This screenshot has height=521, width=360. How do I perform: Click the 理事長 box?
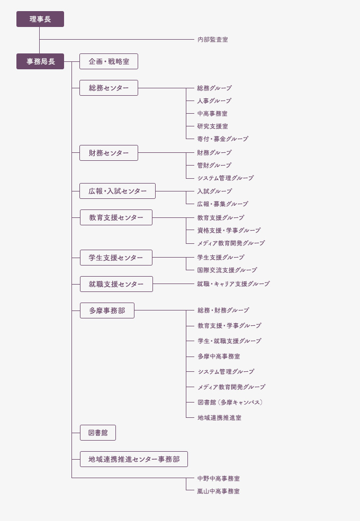(40, 19)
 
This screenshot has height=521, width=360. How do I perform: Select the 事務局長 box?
(40, 61)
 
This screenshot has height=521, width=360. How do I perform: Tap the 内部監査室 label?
(213, 40)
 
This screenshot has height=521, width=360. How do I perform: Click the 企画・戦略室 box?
(109, 61)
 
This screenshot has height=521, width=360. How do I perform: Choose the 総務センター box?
(109, 88)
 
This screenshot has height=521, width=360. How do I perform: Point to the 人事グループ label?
(214, 100)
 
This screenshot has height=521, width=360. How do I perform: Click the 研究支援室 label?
(213, 126)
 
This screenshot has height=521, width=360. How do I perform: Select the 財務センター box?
(109, 153)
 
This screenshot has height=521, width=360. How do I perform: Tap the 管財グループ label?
(214, 165)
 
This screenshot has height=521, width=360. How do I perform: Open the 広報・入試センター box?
(118, 191)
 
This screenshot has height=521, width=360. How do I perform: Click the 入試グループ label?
(214, 191)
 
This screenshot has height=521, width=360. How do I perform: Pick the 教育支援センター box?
(116, 217)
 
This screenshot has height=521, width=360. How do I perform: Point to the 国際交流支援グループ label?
(227, 270)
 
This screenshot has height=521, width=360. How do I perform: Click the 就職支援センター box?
(116, 284)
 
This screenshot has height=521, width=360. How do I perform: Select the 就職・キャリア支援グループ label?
(233, 284)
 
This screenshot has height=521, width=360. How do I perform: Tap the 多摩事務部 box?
(107, 310)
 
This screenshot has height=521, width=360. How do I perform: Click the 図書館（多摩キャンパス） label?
(230, 403)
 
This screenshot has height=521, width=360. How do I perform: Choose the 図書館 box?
(98, 433)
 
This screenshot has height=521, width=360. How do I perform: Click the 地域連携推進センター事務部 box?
(134, 459)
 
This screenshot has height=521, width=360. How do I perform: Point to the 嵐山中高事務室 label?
(218, 491)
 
